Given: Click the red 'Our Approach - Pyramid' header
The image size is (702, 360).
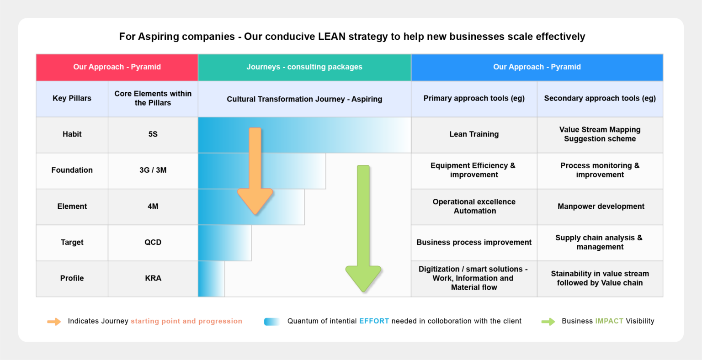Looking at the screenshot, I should (117, 67).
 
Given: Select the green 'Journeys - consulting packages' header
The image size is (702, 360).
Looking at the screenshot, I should (304, 67).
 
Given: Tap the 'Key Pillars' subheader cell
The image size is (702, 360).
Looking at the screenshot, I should (72, 98).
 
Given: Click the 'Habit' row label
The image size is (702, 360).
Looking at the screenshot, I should (72, 134).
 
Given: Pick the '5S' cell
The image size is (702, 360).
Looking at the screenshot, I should (153, 134).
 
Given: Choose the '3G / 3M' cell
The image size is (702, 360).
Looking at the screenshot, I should (153, 170).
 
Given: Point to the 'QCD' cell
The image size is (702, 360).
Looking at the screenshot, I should (153, 242).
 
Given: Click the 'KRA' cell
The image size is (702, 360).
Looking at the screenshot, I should (153, 278).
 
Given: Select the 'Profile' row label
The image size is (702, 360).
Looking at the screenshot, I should (72, 278).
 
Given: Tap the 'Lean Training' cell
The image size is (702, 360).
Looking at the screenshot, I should (474, 134).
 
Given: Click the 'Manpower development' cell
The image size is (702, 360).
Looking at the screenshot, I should (601, 206).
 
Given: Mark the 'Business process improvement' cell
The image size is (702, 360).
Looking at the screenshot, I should (474, 242).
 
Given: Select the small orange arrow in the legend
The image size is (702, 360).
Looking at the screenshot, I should (54, 322).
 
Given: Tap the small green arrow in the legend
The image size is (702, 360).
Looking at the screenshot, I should (548, 322).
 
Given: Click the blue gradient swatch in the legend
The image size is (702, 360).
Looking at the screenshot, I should (272, 322).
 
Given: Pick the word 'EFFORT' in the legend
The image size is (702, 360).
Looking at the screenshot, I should (374, 321).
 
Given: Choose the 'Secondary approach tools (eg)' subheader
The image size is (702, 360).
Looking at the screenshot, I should (600, 98).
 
